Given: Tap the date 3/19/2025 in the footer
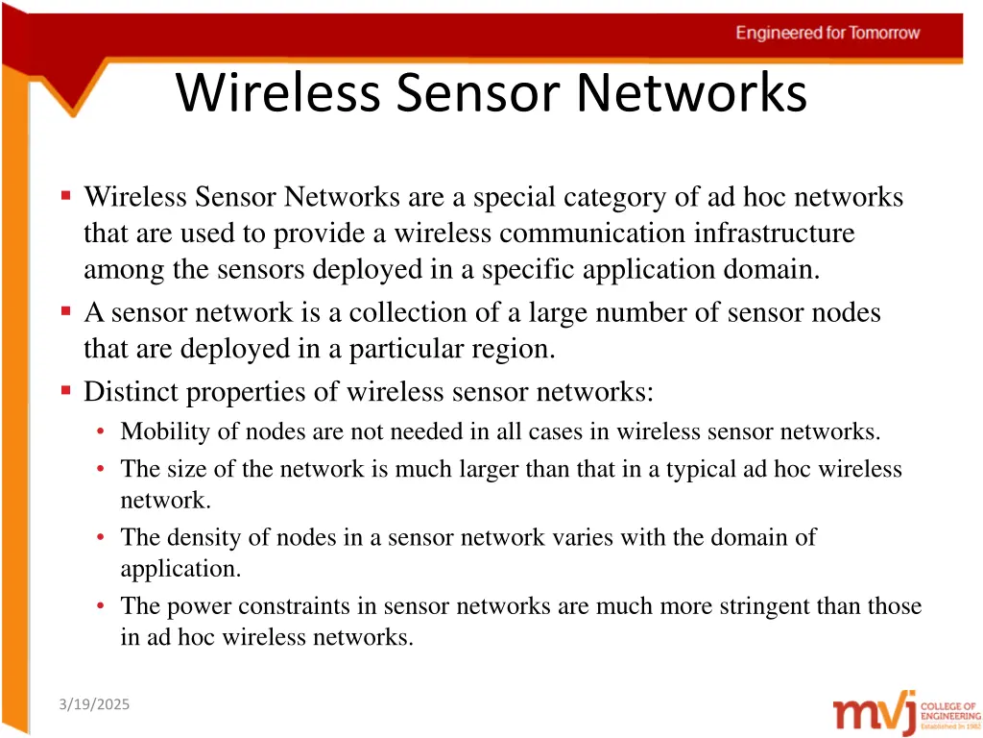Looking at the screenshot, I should (x=93, y=705).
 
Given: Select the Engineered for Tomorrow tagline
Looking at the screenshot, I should (x=827, y=33).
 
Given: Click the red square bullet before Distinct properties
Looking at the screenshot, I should (x=65, y=390).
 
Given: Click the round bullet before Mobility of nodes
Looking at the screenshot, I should (x=101, y=432).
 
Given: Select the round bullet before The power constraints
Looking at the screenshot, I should (x=101, y=606).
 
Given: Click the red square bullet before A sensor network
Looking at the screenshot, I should (x=65, y=311).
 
